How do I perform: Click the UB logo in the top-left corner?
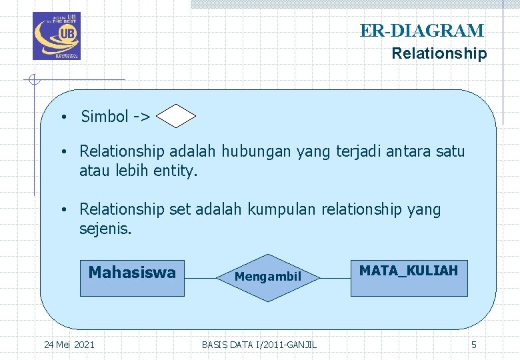coord(56,36)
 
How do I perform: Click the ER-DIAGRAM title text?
coord(422,31)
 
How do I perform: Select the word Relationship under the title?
coord(439,53)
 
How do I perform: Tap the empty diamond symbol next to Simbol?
coord(176,117)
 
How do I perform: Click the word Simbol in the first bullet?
coord(105,117)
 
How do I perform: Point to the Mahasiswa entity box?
coord(132,278)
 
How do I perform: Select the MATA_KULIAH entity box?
coord(409,278)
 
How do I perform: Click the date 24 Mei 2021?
coord(69,345)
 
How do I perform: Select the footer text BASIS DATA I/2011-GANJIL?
coord(259,345)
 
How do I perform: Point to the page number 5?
coord(474,345)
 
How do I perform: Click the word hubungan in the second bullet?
coord(256,151)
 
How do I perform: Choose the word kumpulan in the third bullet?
coord(283,209)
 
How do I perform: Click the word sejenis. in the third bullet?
coord(106,229)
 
